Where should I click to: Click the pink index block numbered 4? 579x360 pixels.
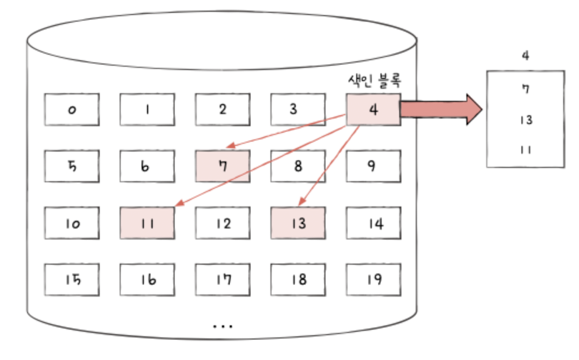(x=373, y=109)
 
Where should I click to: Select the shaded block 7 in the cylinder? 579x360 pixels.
(x=222, y=166)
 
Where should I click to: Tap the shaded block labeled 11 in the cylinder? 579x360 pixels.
(x=147, y=224)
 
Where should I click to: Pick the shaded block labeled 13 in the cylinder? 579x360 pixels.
(x=298, y=224)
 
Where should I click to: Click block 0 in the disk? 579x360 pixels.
(x=72, y=109)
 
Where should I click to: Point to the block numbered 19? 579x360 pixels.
(x=373, y=279)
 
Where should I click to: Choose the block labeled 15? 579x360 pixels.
(x=72, y=279)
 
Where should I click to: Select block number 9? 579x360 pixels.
(x=373, y=166)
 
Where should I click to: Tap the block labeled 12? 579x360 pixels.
(x=222, y=224)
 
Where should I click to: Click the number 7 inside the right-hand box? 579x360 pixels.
(x=525, y=89)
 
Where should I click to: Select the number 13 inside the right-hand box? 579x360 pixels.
(x=526, y=119)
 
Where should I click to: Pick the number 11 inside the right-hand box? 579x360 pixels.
(x=526, y=149)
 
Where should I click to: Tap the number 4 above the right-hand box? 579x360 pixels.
(x=526, y=55)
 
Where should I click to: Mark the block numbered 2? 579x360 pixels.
(x=222, y=109)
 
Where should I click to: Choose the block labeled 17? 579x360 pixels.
(x=222, y=279)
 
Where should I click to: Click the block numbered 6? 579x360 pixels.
(x=147, y=166)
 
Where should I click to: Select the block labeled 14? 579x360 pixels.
(x=373, y=224)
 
